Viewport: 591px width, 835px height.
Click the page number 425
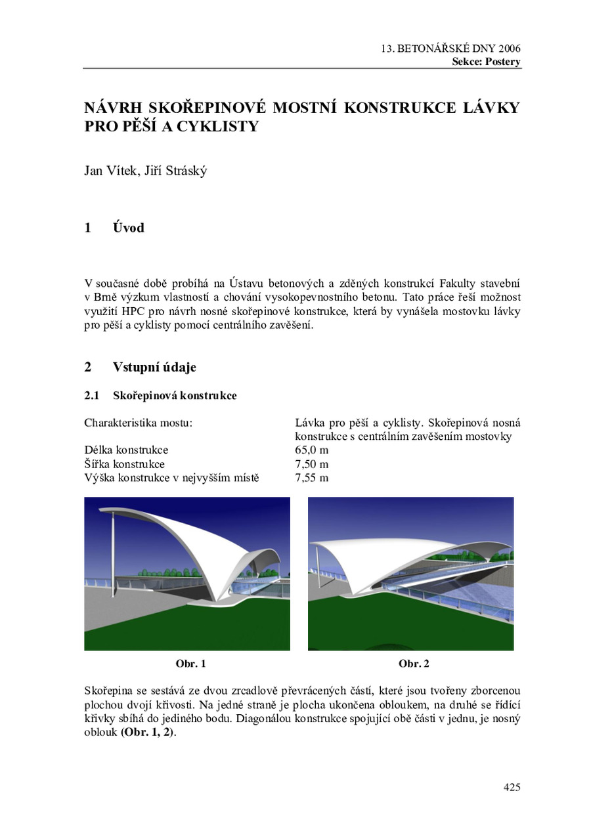tap(512, 787)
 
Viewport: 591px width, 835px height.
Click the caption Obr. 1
tap(190, 664)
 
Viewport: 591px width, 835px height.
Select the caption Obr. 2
tap(414, 664)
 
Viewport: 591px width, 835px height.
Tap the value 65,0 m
tap(311, 450)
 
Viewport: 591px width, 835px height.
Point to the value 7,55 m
tap(311, 478)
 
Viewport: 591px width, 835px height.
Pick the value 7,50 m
tap(311, 464)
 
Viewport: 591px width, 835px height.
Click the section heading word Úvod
tap(128, 228)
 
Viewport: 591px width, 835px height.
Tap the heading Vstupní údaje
tap(154, 367)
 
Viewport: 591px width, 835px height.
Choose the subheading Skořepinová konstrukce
tap(175, 396)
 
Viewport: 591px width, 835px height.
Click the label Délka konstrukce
tap(126, 450)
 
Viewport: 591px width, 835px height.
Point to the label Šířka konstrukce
tap(124, 464)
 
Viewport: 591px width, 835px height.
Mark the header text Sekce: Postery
tap(486, 62)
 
